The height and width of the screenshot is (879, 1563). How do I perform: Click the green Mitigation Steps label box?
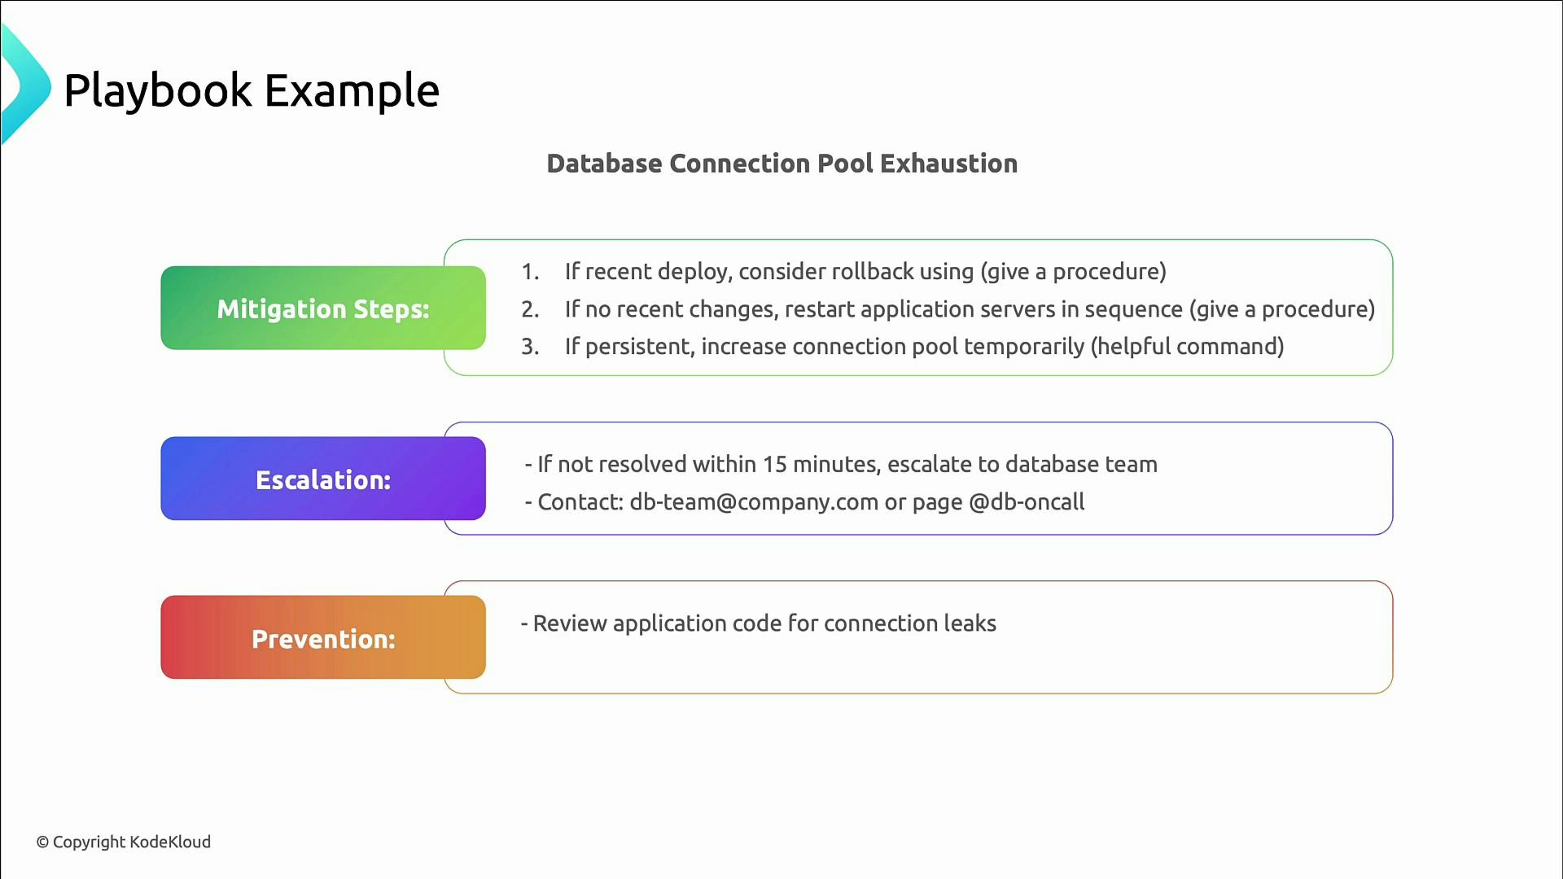pyautogui.click(x=322, y=308)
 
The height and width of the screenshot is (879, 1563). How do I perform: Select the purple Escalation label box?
pyautogui.click(x=322, y=479)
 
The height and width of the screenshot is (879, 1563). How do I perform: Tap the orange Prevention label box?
pyautogui.click(x=322, y=638)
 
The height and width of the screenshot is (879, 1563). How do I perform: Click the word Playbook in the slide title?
pyautogui.click(x=158, y=90)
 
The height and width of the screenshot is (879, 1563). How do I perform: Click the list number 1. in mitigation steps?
pyautogui.click(x=530, y=272)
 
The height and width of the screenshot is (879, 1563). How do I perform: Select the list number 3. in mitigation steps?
pyautogui.click(x=530, y=347)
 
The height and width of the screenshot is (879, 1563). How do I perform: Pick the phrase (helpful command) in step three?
pyautogui.click(x=1187, y=347)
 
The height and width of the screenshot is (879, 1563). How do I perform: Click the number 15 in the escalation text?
pyautogui.click(x=774, y=464)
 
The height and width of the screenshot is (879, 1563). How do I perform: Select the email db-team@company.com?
pyautogui.click(x=754, y=502)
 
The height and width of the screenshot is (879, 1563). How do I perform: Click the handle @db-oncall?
pyautogui.click(x=1027, y=502)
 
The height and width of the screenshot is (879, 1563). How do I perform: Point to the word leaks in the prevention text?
pyautogui.click(x=970, y=623)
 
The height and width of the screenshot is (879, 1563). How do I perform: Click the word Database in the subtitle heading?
pyautogui.click(x=604, y=164)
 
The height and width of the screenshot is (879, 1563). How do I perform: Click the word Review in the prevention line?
pyautogui.click(x=570, y=623)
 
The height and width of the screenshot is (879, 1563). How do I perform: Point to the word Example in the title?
pyautogui.click(x=352, y=90)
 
